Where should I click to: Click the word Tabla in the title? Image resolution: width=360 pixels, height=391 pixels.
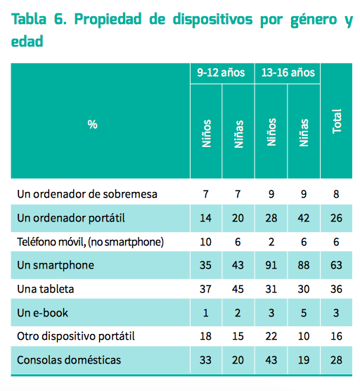coord(29,19)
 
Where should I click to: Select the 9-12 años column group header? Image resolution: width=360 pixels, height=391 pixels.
coord(221,72)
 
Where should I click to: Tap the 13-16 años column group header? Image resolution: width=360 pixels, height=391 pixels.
coord(288,72)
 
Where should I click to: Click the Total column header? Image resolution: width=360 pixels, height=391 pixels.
coord(337,121)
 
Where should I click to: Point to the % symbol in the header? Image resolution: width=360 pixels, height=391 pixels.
coord(92,124)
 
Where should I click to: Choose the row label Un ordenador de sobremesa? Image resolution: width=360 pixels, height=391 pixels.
coord(87,194)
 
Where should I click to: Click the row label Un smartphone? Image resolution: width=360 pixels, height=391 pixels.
coord(56,265)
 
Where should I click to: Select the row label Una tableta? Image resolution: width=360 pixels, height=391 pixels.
coord(46,289)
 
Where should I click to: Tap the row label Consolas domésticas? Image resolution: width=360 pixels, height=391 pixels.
coord(69,360)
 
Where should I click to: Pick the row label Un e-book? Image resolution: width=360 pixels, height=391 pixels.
coord(42,313)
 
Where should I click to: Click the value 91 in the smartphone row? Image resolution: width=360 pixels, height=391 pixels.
coord(271,265)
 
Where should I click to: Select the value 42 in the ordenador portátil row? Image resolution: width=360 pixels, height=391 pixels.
coord(304,218)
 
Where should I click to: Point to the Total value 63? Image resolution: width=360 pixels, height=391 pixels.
coord(336,265)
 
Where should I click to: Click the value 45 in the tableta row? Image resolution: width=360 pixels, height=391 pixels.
coord(238,289)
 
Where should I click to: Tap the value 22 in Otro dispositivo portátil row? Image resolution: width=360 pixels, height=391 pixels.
coord(271,336)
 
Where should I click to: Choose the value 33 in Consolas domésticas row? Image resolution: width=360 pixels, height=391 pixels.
coord(205,360)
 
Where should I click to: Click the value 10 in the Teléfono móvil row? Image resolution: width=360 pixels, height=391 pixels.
coord(205,242)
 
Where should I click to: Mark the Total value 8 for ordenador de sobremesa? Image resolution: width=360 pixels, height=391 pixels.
coord(336,194)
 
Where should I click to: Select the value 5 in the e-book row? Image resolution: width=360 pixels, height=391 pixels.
coord(304,313)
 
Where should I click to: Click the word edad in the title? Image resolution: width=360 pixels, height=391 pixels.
coord(27,41)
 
